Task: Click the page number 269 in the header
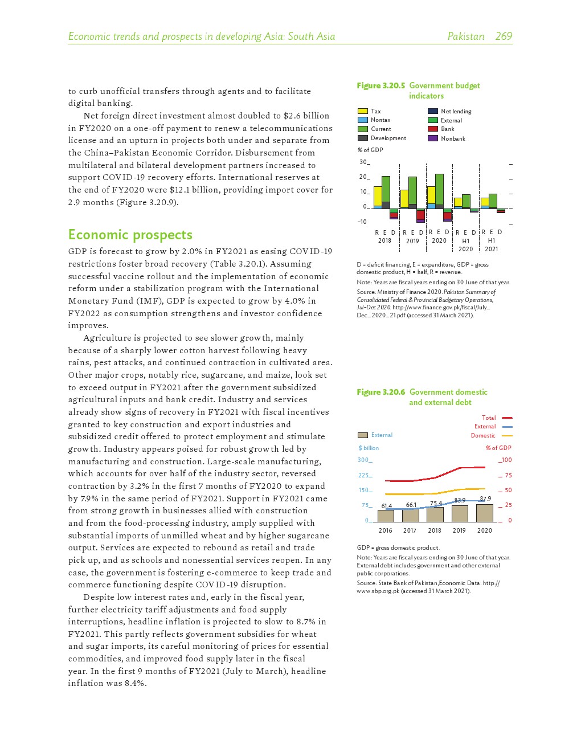click(x=504, y=36)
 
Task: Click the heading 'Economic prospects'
click(x=130, y=235)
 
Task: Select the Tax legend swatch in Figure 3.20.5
click(x=363, y=111)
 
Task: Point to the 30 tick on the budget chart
click(x=363, y=162)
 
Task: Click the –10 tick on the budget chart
click(x=362, y=222)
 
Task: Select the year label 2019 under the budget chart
click(x=412, y=241)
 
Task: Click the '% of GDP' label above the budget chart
click(x=370, y=150)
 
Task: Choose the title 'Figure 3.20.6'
click(x=380, y=392)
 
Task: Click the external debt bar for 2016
click(x=386, y=516)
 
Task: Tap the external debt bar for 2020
click(x=485, y=513)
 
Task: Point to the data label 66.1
click(x=411, y=505)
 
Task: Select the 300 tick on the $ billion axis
click(x=363, y=460)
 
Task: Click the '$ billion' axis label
click(x=369, y=448)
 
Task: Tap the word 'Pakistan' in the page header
click(x=465, y=36)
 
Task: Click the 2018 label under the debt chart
click(x=435, y=530)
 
